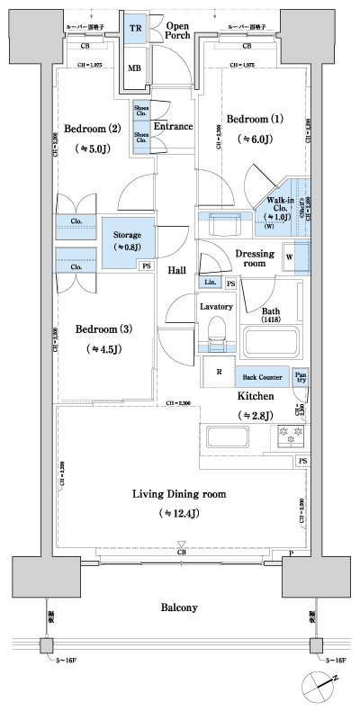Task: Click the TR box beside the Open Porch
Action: [x=136, y=27]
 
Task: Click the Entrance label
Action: [x=173, y=127]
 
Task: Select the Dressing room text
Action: [x=255, y=259]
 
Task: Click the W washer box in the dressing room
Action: [x=289, y=256]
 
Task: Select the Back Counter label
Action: [x=263, y=378]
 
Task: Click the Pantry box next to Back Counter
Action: [x=301, y=377]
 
